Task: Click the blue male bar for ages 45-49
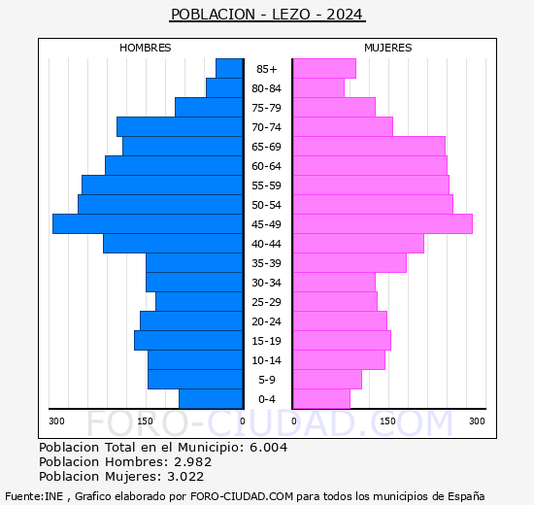[x=148, y=224]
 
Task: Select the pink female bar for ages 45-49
[x=382, y=224]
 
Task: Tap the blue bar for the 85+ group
[x=229, y=69]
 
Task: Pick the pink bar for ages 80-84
[x=318, y=88]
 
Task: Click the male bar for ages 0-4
[x=211, y=399]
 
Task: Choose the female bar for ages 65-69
[x=368, y=147]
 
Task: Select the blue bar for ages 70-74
[x=180, y=127]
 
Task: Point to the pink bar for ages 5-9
[x=327, y=380]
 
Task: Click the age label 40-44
[x=267, y=244]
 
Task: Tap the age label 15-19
[x=267, y=341]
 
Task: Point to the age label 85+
[x=267, y=69]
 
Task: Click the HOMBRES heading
[x=146, y=48]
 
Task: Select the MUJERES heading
[x=388, y=48]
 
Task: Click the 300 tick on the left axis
[x=57, y=421]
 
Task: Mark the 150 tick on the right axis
[x=388, y=421]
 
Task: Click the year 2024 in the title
[x=345, y=15]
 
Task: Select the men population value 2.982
[x=192, y=461]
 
